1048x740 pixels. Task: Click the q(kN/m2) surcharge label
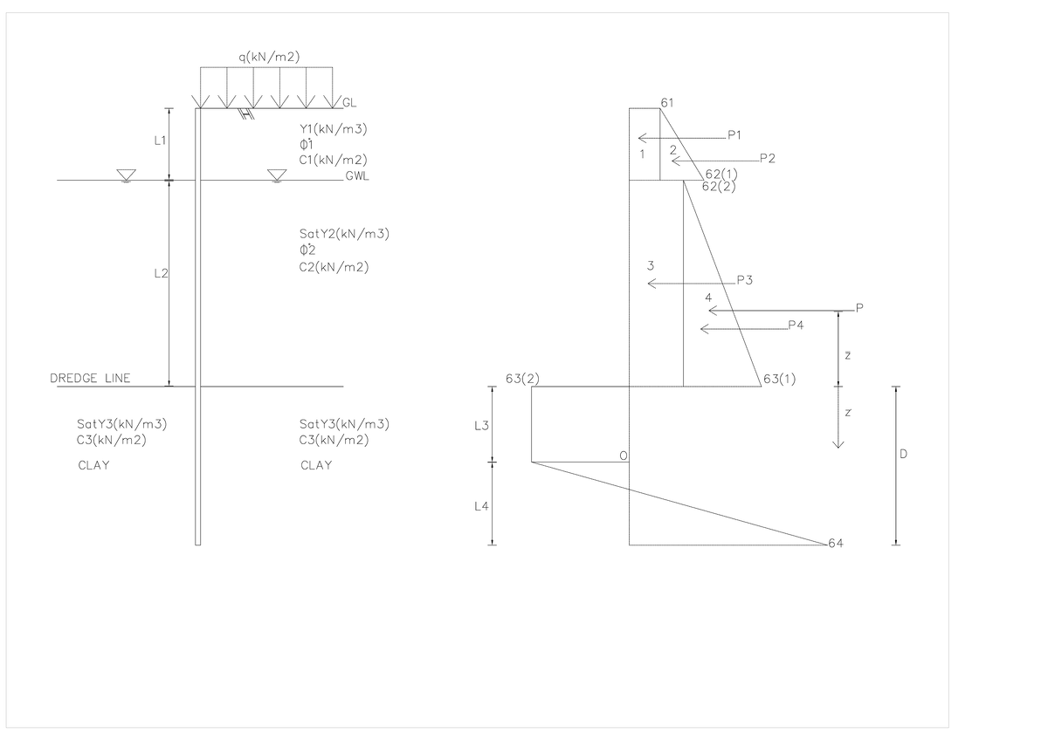(269, 58)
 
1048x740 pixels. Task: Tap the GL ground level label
(349, 103)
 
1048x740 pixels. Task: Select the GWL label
(356, 176)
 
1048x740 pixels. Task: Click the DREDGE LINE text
(90, 378)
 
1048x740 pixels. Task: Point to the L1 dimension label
(160, 140)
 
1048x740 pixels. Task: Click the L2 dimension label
(160, 274)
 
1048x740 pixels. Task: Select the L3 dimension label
(480, 426)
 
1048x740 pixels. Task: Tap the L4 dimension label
(480, 507)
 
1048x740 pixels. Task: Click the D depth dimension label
(903, 455)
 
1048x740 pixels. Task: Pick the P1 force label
(734, 135)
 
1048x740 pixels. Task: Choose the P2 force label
(767, 158)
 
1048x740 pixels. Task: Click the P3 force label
(744, 280)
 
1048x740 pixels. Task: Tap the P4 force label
(795, 325)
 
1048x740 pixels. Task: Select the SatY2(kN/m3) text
(343, 234)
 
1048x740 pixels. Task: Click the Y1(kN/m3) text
(333, 128)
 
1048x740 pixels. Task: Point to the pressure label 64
(835, 544)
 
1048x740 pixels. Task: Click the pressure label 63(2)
(522, 378)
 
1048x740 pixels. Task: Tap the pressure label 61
(667, 103)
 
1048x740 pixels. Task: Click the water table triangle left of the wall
(126, 176)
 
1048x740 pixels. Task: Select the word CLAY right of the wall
(316, 465)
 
